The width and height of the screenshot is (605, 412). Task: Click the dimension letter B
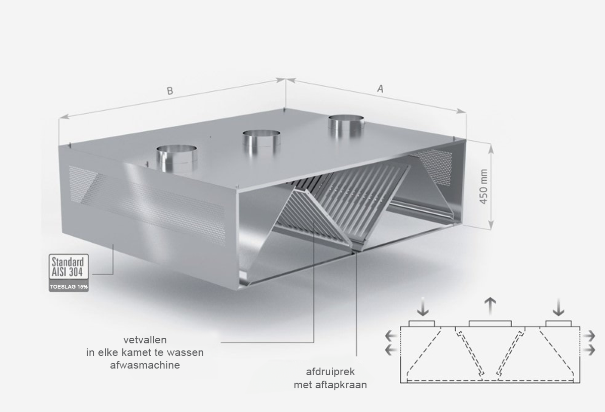[x=170, y=90]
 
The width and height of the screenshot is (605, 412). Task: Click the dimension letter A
[x=380, y=88]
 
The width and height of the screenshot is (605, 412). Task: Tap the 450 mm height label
[x=483, y=187]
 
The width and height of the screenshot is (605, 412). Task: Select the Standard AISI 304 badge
[x=69, y=267]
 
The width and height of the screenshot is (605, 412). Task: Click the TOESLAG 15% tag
[x=69, y=287]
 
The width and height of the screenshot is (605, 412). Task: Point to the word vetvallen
[x=145, y=340]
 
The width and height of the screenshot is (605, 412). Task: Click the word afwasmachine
[x=145, y=365]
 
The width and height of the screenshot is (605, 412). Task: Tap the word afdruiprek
[x=330, y=372]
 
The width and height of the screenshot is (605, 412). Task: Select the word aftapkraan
[x=345, y=385]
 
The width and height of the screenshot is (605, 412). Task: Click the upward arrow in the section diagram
[x=490, y=307]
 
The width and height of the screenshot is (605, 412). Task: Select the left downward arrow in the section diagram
[x=422, y=307]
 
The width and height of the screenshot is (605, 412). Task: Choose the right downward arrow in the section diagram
[x=559, y=307]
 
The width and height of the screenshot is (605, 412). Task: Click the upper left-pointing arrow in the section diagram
[x=391, y=336]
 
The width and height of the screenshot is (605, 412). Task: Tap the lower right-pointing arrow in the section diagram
[x=589, y=350]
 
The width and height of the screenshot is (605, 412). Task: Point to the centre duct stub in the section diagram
[x=490, y=324]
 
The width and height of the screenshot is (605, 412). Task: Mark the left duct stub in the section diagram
[x=422, y=324]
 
